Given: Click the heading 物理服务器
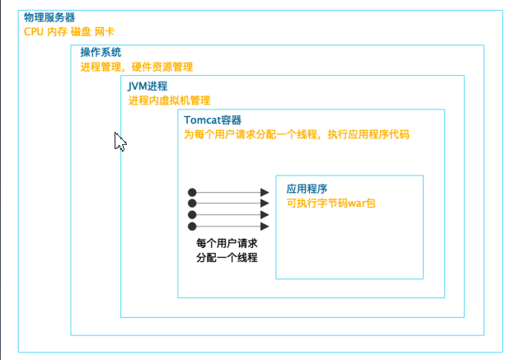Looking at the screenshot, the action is tap(49, 17).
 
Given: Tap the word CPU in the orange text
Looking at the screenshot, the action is tap(34, 32).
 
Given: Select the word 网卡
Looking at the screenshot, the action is tap(105, 32).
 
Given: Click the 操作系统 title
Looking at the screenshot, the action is tap(101, 52).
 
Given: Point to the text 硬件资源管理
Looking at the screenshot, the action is tap(162, 67).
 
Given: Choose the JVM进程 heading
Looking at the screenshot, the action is tap(148, 86).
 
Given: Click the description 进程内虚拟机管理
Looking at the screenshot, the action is tap(170, 101).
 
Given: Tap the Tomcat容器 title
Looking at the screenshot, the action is tap(213, 120).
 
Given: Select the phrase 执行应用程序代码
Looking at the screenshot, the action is tap(368, 134).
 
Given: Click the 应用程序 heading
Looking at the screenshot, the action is tap(307, 189).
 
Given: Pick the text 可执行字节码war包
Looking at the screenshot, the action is tap(331, 203).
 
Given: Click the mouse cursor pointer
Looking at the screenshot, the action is tap(120, 142).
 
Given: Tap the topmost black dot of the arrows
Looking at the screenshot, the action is tap(192, 192).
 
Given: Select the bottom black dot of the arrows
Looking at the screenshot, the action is tap(192, 227).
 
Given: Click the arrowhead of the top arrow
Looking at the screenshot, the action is tap(265, 192).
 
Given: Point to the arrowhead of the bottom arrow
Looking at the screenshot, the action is tap(265, 227).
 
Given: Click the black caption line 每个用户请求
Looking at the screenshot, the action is tap(227, 243).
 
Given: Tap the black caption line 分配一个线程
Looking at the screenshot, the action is tap(227, 257).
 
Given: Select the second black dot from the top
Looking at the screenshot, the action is tap(192, 203).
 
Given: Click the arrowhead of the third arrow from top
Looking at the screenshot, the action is tap(265, 215).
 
